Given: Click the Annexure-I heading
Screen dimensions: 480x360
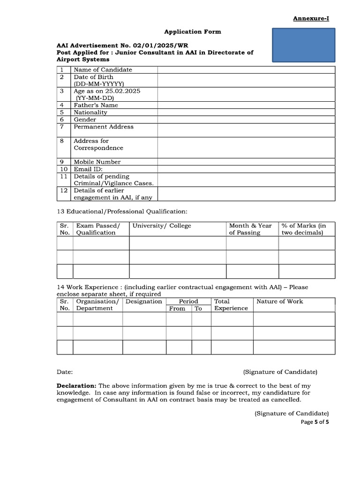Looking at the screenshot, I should coord(311,18).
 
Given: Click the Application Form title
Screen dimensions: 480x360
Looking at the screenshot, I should coord(192,31).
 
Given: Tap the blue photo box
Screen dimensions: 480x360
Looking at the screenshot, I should coord(304,45).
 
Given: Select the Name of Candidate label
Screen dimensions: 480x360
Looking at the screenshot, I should coord(103,70).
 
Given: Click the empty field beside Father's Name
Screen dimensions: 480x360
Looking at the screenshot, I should coord(246,105).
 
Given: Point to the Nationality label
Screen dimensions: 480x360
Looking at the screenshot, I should coord(90,112).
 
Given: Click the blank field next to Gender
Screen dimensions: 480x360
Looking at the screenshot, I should coord(246,120).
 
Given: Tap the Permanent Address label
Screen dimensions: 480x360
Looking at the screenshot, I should coord(104,127).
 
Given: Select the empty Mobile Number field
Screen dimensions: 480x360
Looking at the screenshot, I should coord(246,162).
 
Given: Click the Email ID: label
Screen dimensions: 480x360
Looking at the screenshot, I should coord(88,169).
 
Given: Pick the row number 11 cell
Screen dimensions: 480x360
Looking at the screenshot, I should coord(64,176).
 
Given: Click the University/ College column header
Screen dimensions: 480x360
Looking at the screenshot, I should coord(162,225).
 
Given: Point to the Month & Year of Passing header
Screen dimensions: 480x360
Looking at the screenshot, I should coord(250,229).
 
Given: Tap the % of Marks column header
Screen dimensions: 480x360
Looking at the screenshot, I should coord(304,229).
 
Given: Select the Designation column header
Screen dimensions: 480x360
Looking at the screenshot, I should coord(144,301).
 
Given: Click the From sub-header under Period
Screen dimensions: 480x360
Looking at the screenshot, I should coord(177,308).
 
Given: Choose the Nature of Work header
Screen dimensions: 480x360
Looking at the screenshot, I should coord(279,301).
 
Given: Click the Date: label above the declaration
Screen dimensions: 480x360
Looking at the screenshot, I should coord(65,372).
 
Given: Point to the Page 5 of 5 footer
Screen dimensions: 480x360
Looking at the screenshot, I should coord(315,422).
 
